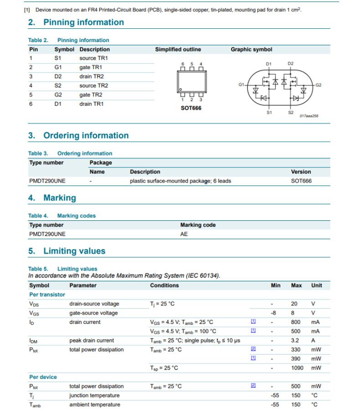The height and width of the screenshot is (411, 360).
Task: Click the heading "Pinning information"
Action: (x=83, y=22)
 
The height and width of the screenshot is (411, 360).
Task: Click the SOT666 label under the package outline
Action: (x=191, y=108)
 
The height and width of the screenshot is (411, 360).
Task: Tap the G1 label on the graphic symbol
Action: (x=241, y=84)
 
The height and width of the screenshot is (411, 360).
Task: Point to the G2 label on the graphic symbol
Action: (x=319, y=85)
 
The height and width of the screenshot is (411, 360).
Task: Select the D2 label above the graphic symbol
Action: (x=291, y=63)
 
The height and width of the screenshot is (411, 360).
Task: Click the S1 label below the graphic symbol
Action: (x=269, y=113)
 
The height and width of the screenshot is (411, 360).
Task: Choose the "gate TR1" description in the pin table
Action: (x=91, y=68)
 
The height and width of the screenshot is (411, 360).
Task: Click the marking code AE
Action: (x=184, y=234)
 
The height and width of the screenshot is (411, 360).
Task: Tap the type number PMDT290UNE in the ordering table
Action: (x=47, y=181)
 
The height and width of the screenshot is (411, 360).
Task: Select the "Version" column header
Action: (x=301, y=172)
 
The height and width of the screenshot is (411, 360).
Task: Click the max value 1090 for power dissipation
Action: (x=297, y=368)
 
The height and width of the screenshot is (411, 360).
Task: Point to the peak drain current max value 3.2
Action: (x=295, y=340)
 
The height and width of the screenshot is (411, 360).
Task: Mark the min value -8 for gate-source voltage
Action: (x=273, y=313)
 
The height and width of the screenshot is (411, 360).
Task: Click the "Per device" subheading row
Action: (x=43, y=377)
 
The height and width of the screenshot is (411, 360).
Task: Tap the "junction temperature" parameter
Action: (x=94, y=395)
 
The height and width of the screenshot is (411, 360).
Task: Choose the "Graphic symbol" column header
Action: (x=251, y=49)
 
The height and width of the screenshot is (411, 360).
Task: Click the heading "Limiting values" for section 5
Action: (x=74, y=251)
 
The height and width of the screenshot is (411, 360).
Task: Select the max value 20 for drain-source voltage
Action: (x=294, y=304)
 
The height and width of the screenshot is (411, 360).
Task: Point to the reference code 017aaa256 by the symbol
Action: (x=309, y=116)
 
